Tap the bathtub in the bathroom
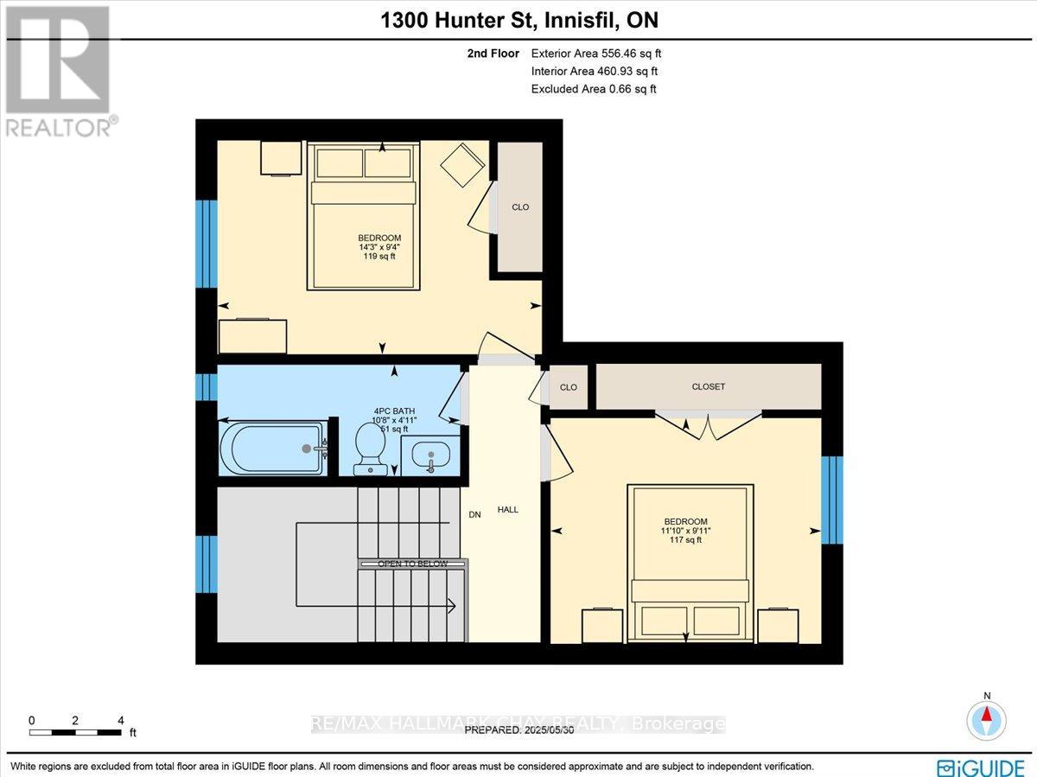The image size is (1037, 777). (273, 448)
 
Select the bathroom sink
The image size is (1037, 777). (429, 454)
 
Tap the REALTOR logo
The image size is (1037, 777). (59, 70)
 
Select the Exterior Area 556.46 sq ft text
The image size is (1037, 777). (596, 53)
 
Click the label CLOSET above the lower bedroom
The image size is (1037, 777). (708, 387)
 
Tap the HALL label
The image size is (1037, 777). (508, 510)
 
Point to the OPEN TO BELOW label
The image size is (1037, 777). (413, 564)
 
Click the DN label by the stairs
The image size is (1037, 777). (474, 514)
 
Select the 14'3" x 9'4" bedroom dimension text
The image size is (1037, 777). (379, 247)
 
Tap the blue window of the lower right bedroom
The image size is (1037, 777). (831, 500)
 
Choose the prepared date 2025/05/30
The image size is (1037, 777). (518, 730)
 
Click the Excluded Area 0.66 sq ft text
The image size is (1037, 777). (594, 89)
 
